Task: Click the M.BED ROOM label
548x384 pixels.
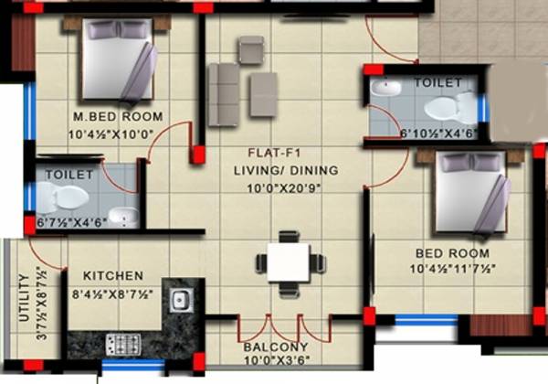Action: coord(118,116)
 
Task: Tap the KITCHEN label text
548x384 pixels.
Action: coord(112,275)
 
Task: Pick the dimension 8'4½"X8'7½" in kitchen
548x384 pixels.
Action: coord(112,296)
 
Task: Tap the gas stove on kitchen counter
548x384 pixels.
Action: coord(122,344)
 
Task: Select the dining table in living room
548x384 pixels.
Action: coord(290,261)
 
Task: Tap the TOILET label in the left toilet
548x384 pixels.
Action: coord(68,174)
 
